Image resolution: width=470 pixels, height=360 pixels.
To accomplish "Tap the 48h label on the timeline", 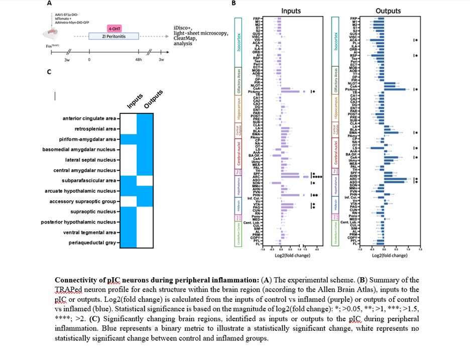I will coord(138,59).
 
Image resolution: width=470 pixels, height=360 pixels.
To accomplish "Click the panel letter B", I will coord(233,4).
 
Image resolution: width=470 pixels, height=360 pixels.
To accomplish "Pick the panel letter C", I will coord(49,72).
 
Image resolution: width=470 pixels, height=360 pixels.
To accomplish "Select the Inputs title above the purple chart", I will coord(291,11).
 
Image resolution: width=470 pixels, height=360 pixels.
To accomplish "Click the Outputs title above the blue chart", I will coord(388,11).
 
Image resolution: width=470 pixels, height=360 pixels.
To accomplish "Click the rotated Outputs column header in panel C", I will coord(153,99).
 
